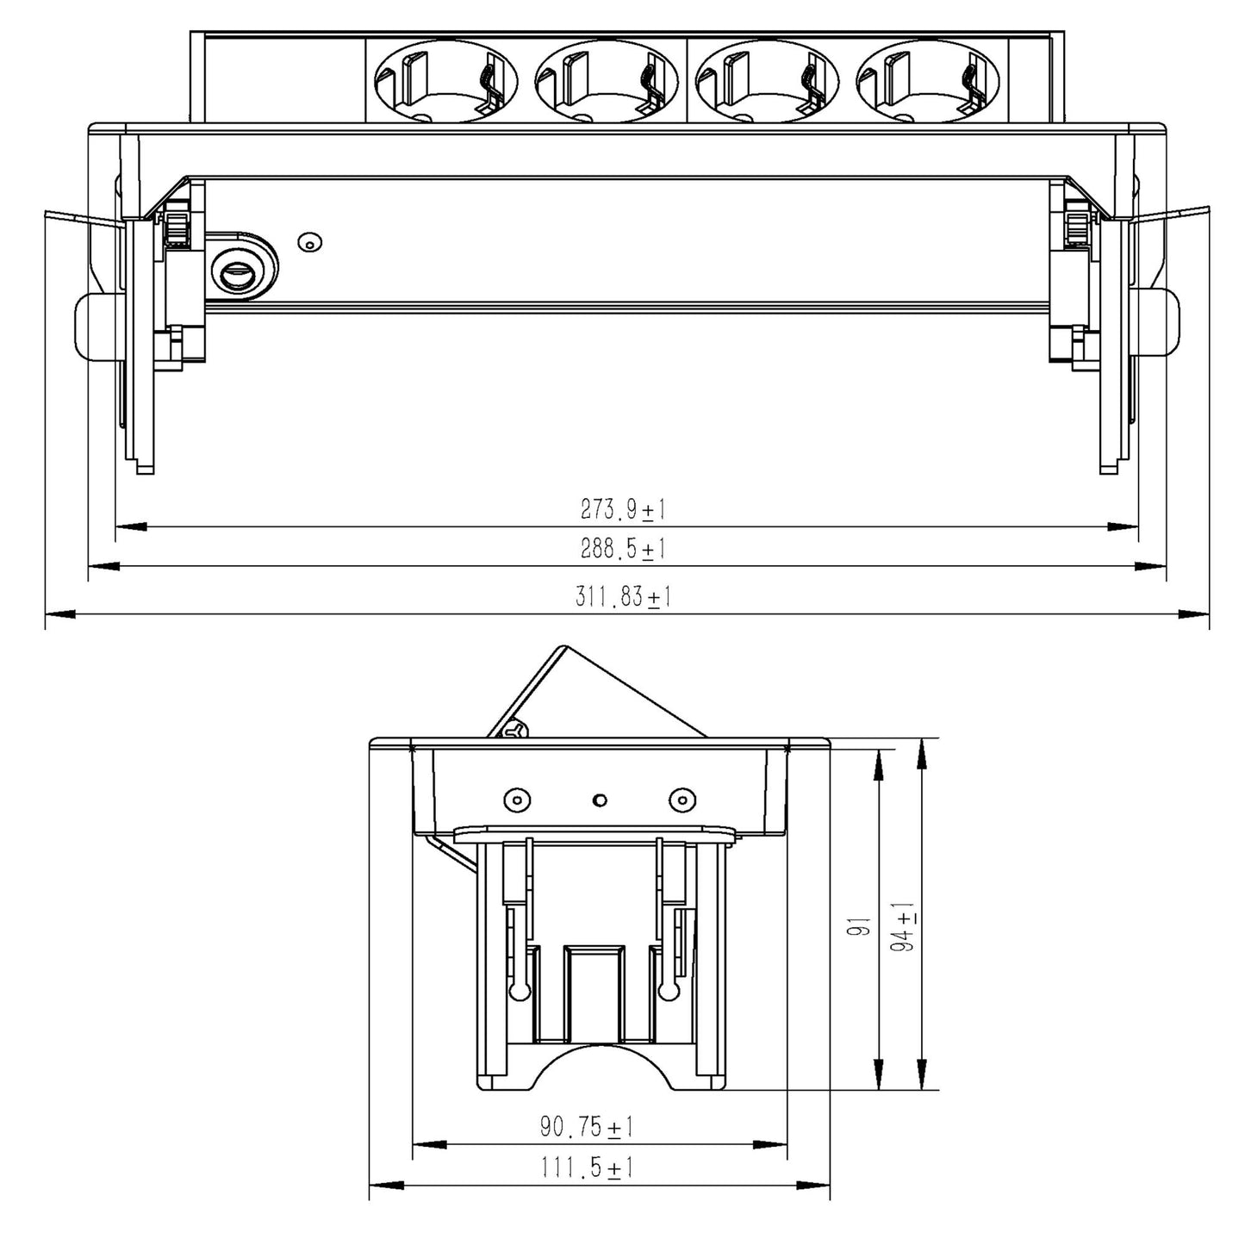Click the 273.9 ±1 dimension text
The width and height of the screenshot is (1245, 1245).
[623, 510]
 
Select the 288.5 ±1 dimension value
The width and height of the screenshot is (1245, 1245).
[623, 549]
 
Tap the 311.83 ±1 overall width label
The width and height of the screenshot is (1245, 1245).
[623, 597]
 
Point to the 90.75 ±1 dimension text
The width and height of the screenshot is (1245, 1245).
[587, 1126]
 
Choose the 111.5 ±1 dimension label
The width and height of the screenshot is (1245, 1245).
[587, 1168]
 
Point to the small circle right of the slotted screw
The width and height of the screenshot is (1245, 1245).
[309, 243]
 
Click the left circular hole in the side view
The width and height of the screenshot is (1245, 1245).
[515, 800]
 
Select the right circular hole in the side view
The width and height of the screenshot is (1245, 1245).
[681, 800]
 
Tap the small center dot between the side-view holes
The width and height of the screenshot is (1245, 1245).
[599, 800]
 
